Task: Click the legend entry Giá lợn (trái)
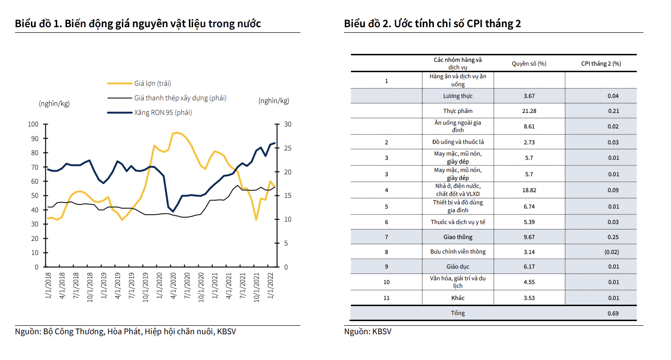point(152,84)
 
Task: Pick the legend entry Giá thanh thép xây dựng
point(180,98)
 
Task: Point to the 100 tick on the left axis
point(33,124)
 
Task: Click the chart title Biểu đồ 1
point(138,23)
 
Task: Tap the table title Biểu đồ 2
point(432,23)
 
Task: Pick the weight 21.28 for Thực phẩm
point(529,111)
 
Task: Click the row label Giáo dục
point(458,266)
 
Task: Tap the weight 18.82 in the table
point(529,190)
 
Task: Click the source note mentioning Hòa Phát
point(126,332)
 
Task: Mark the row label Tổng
point(458,313)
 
